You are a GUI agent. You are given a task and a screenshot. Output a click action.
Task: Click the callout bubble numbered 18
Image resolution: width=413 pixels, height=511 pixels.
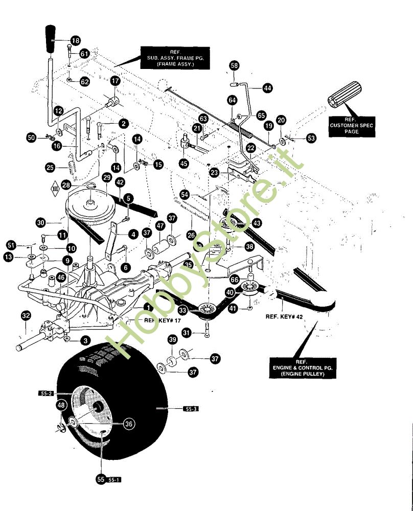coord(76,40)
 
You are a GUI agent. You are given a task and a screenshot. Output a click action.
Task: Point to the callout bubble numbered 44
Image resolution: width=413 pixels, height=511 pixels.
coord(267,88)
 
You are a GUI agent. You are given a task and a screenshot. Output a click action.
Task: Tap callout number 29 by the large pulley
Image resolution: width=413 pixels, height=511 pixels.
coord(106,177)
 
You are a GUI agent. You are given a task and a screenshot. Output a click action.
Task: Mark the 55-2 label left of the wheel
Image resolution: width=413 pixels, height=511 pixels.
coord(45,393)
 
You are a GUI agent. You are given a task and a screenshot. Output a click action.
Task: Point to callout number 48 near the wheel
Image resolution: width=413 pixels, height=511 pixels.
coord(61,405)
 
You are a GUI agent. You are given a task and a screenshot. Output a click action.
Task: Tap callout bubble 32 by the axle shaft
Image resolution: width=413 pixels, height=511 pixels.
coord(26,316)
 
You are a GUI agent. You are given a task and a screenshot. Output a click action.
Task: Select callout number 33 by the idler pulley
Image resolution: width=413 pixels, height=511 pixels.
coord(182,310)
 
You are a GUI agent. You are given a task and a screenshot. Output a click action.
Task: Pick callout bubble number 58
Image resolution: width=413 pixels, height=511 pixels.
coord(234,65)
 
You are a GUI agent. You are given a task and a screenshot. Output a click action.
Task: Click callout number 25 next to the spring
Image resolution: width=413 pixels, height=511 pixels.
coord(50,167)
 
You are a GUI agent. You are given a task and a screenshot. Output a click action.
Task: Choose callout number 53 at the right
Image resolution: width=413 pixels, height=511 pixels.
coord(311,137)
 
